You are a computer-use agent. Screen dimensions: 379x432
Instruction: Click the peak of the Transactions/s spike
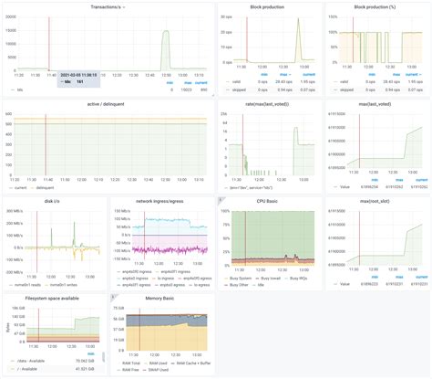pyautogui.click(x=166, y=31)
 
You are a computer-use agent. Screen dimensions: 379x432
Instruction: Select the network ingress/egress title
pyautogui.click(x=160, y=201)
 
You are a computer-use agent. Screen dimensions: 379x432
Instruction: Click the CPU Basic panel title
pyautogui.click(x=268, y=201)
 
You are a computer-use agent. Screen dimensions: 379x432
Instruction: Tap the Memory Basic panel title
pyautogui.click(x=160, y=296)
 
